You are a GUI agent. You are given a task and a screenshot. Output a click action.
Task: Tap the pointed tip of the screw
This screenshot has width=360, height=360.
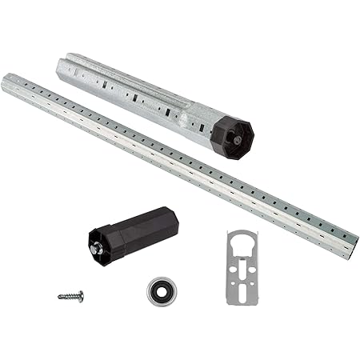coord(58,297)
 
